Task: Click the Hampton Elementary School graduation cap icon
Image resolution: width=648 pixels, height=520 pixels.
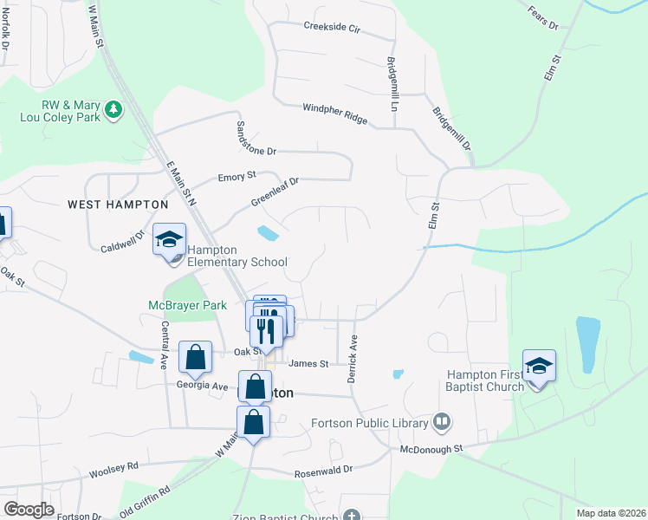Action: tap(170, 239)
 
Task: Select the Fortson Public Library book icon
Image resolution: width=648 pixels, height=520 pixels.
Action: tap(443, 422)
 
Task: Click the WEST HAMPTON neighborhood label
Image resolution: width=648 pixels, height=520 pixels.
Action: tap(118, 204)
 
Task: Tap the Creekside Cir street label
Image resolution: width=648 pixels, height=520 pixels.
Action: tap(331, 26)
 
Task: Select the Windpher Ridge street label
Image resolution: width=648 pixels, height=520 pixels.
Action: tap(334, 114)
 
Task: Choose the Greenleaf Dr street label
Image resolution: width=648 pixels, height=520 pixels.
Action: tap(275, 192)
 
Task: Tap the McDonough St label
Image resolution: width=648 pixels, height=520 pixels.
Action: tap(431, 449)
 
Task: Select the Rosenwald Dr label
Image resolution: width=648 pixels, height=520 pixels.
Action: tap(324, 469)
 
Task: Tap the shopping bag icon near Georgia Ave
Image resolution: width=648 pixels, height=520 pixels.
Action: tap(196, 356)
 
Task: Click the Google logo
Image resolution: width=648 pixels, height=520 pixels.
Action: tap(29, 509)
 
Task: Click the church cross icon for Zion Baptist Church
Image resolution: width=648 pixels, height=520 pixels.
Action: tap(351, 515)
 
